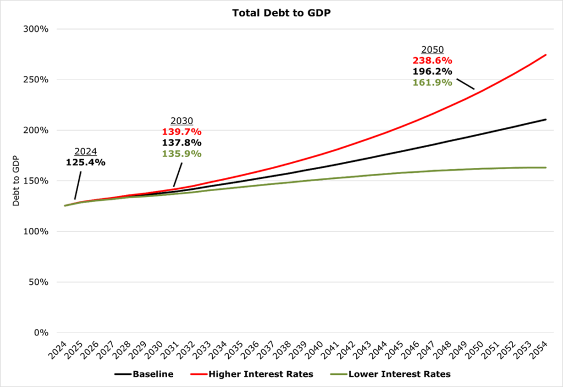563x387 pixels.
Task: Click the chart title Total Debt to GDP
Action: click(x=281, y=13)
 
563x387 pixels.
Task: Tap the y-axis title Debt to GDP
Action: click(x=16, y=181)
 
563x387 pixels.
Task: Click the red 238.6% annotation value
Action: click(x=432, y=60)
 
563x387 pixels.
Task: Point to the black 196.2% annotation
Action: click(x=432, y=71)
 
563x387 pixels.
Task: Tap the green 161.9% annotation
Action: click(x=432, y=82)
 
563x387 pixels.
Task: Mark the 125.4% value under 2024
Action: click(x=86, y=162)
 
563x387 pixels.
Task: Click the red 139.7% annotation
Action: click(x=181, y=132)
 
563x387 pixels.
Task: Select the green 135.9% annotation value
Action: click(x=181, y=154)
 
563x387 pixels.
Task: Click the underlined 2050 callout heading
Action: click(x=432, y=49)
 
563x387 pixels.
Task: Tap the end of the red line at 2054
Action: click(x=546, y=54)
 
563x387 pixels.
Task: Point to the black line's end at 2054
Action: click(x=546, y=119)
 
